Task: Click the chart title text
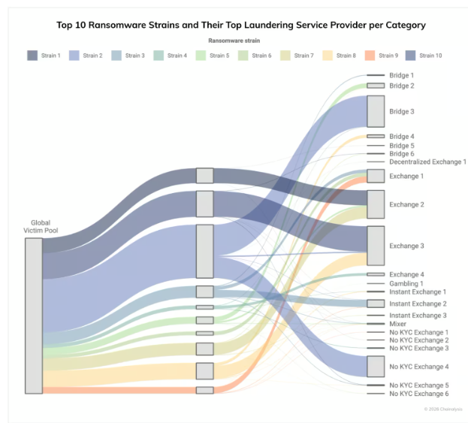coord(240,25)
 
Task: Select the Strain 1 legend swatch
coord(32,56)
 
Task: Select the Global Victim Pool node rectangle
coord(34,316)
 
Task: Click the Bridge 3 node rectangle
coord(376,111)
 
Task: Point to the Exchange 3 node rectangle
coord(376,246)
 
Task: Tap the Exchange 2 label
coord(406,204)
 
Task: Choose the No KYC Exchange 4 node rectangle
coord(376,366)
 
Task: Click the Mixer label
coord(399,324)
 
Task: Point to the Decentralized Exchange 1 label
coord(427,162)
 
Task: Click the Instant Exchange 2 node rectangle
coord(376,304)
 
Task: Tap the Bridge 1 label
coord(401,75)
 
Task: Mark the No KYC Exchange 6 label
coord(418,394)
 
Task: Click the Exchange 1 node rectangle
coord(376,176)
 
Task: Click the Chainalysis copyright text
coord(442,409)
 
